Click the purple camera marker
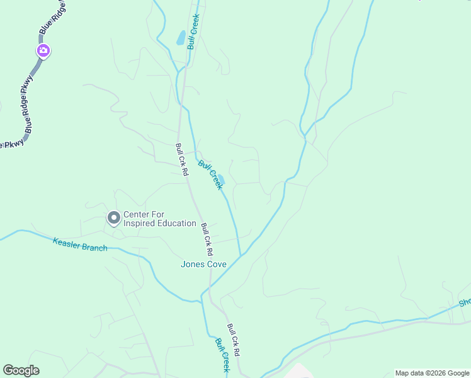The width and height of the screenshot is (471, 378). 43,51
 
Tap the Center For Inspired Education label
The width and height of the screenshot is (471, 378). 159,219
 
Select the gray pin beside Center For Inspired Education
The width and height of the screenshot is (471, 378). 114,218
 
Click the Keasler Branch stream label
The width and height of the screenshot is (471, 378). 80,244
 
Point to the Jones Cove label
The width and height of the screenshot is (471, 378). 203,264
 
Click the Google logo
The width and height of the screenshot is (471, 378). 21,370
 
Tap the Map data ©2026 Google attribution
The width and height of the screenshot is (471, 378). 432,373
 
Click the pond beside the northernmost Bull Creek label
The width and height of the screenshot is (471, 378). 181,38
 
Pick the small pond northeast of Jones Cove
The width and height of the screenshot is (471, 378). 221,180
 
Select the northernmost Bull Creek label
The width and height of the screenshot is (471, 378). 193,32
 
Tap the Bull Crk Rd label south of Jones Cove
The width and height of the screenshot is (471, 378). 234,341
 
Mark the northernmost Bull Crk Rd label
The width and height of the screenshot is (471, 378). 182,160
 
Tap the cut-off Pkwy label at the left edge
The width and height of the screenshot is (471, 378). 11,144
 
